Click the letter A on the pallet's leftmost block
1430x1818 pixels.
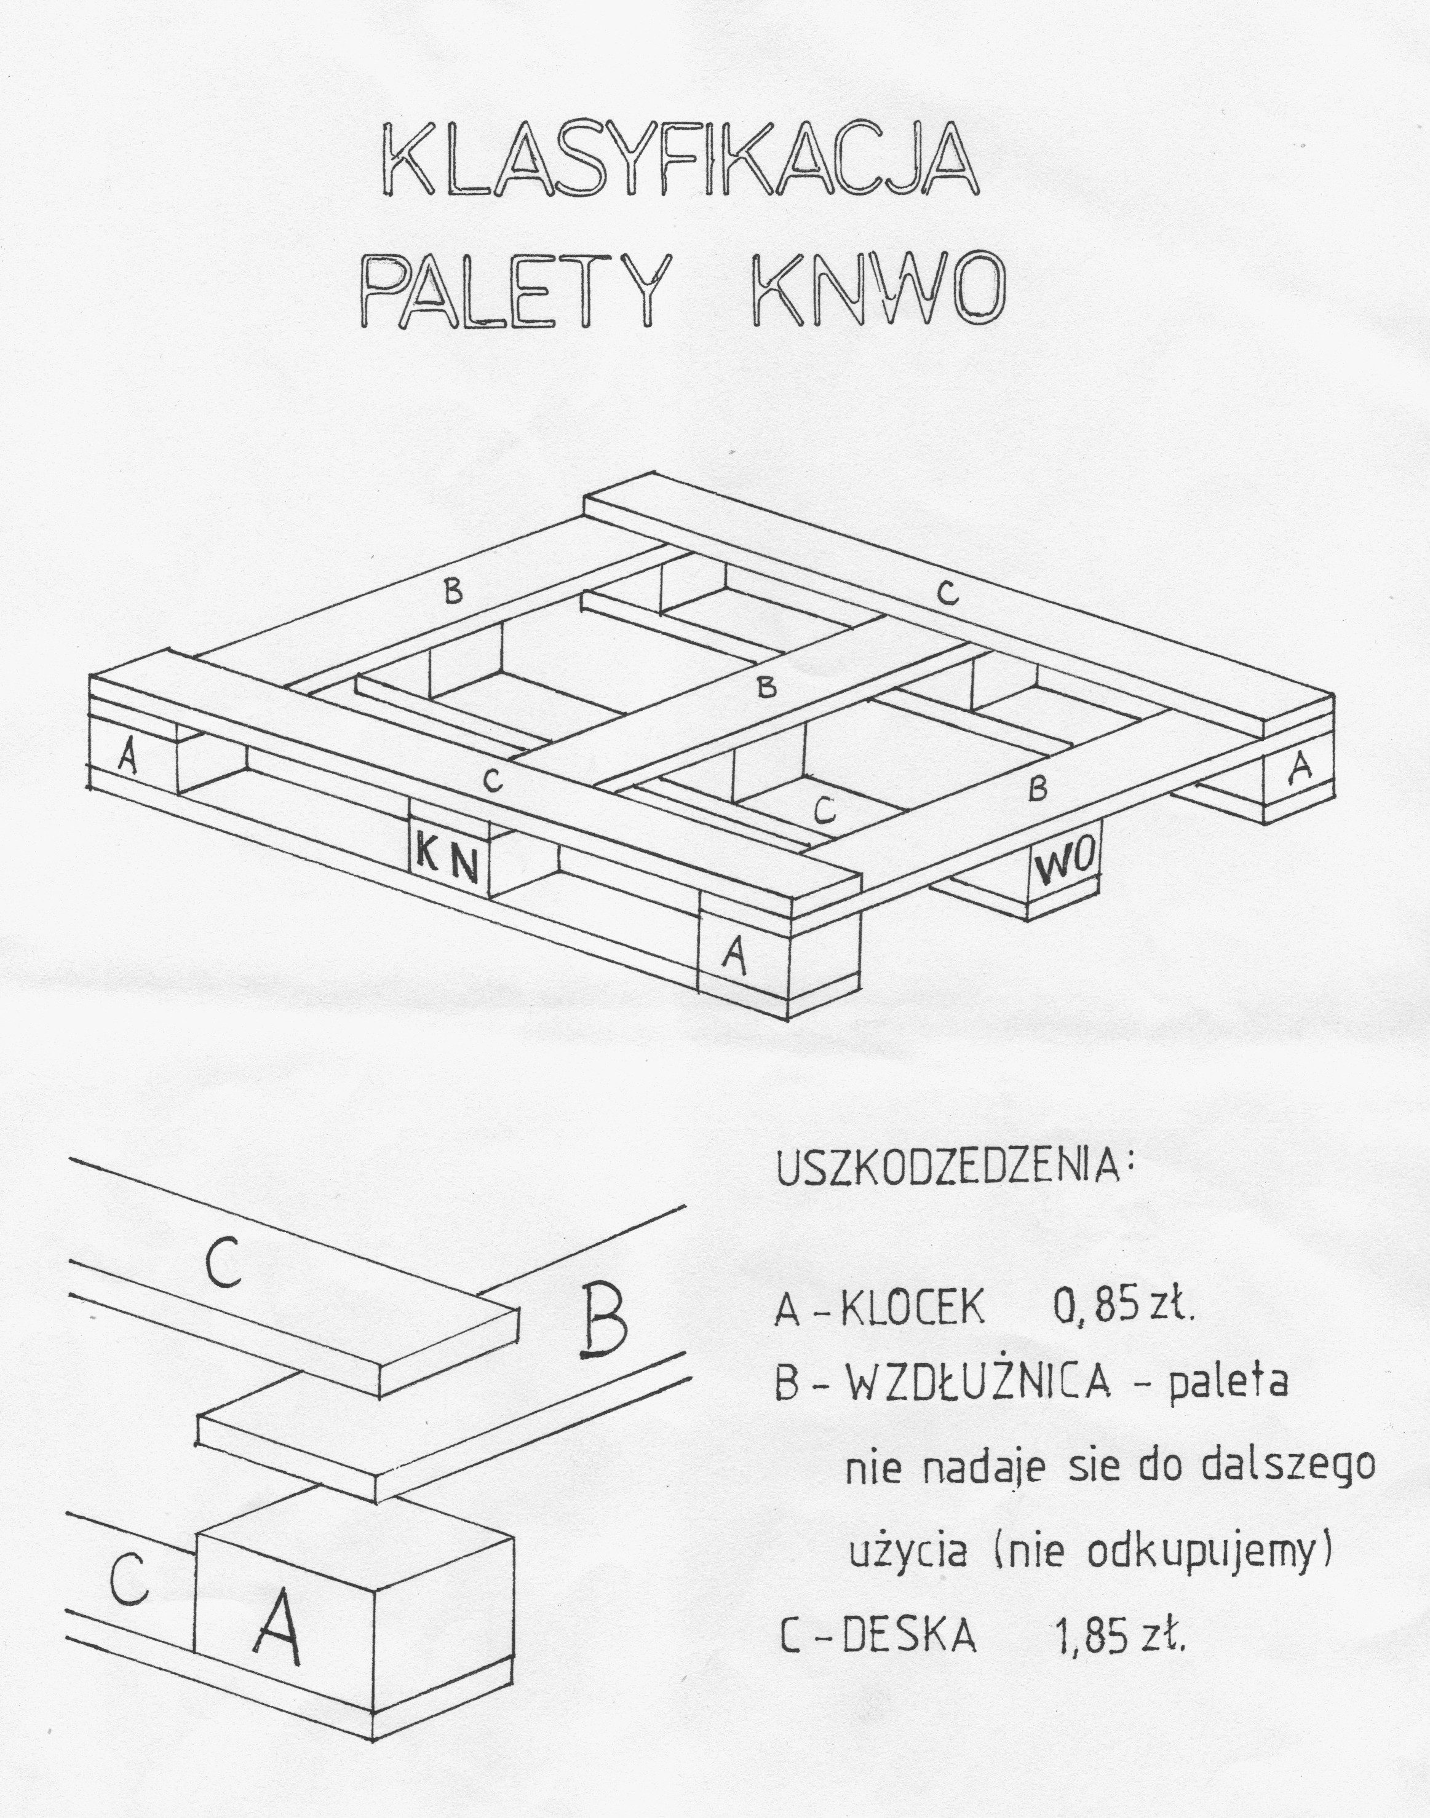[127, 757]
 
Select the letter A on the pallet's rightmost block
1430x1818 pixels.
[1300, 769]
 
